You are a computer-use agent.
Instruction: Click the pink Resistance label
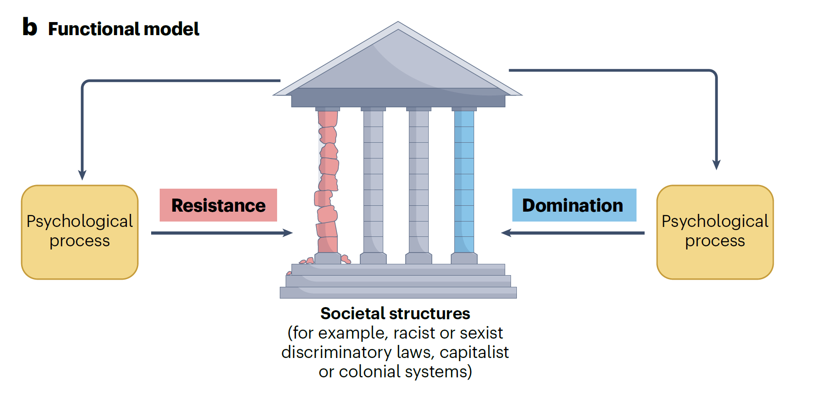tap(218, 205)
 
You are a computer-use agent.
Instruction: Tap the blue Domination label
tap(574, 205)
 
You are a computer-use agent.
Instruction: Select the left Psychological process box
tap(80, 232)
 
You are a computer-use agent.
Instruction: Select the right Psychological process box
tap(715, 232)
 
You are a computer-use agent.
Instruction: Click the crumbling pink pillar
tap(327, 180)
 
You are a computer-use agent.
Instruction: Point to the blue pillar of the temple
tap(464, 180)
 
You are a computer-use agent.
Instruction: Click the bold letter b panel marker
tap(30, 27)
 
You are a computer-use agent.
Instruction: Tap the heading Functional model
tap(124, 29)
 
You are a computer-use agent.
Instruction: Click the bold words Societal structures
tap(395, 313)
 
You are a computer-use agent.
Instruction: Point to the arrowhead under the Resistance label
tap(288, 233)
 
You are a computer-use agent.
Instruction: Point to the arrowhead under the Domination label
tap(507, 233)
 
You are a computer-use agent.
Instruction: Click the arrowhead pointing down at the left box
tap(82, 175)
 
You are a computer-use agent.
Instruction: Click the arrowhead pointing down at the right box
tap(716, 164)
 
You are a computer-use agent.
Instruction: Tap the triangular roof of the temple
tap(398, 63)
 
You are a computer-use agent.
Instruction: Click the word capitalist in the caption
tap(474, 352)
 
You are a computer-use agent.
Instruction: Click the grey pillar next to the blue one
tap(418, 180)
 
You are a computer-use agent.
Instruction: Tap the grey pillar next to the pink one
tap(373, 180)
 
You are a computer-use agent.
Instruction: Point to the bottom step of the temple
tap(398, 293)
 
